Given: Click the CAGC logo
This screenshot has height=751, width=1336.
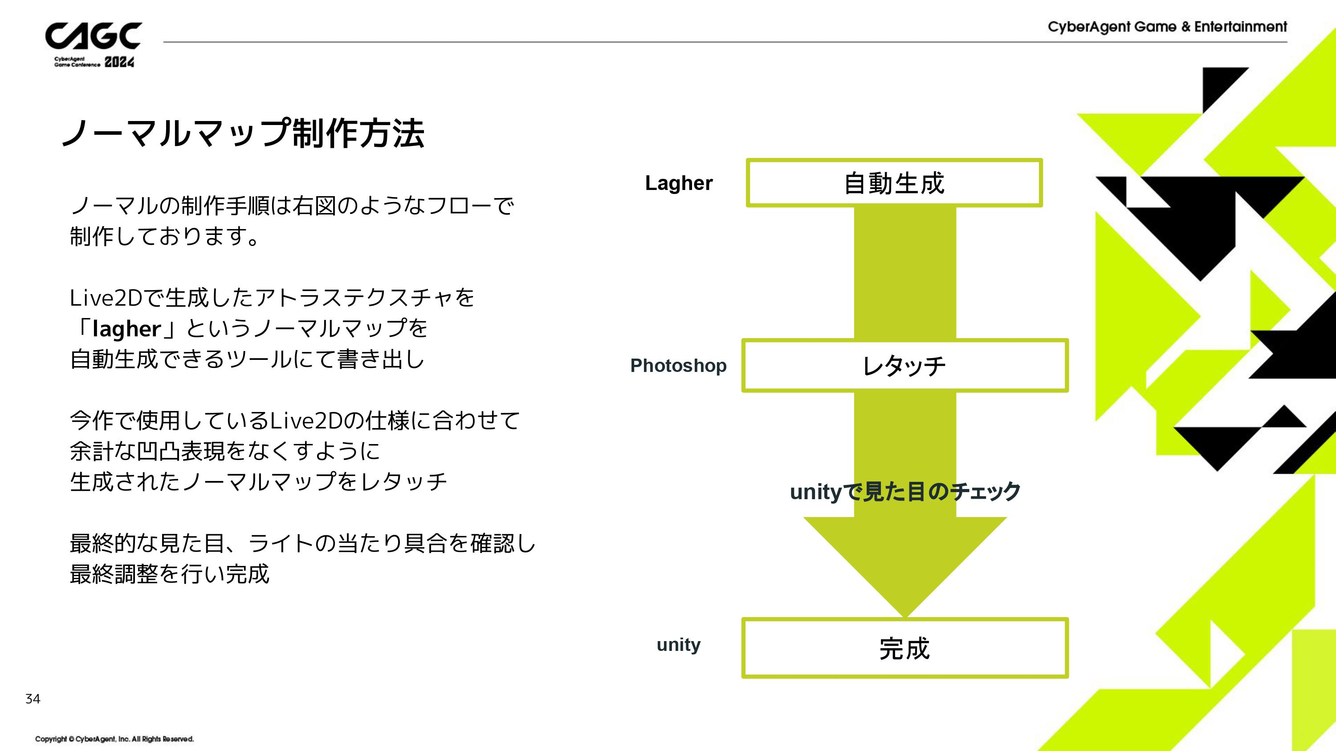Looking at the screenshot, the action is (x=94, y=44).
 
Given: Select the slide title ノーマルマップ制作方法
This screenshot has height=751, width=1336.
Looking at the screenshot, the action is (x=243, y=133).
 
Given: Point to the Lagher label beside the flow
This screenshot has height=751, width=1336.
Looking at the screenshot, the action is (x=679, y=183).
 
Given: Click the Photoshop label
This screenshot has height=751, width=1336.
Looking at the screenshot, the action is (x=678, y=366).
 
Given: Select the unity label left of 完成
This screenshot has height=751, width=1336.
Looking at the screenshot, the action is (x=678, y=644).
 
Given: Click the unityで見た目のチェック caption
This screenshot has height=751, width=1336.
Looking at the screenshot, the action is (x=905, y=491).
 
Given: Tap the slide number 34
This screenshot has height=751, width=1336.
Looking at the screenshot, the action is (x=33, y=699).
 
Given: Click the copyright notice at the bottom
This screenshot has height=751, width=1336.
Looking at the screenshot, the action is (x=114, y=739).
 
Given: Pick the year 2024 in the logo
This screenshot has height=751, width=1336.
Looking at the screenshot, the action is (x=119, y=62).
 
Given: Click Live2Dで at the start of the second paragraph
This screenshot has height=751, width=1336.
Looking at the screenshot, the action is (x=117, y=298).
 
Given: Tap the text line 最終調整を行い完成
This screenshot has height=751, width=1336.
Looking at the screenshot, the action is (x=170, y=574).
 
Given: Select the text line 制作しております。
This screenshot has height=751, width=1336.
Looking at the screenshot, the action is (x=164, y=236).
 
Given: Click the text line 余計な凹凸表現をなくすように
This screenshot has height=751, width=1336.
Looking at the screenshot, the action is (x=225, y=451).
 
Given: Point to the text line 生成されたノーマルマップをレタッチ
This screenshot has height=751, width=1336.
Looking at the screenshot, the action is (x=258, y=481).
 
